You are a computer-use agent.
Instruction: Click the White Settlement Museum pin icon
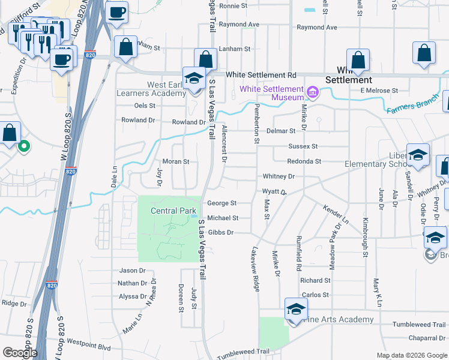(x=313, y=92)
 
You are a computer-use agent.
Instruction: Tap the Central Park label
(x=173, y=211)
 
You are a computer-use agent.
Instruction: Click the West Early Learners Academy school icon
(x=194, y=79)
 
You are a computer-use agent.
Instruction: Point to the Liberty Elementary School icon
(x=417, y=155)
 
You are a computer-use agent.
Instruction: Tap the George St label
(x=222, y=203)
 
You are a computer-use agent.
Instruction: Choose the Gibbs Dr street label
(x=220, y=232)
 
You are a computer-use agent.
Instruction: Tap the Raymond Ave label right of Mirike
(x=316, y=28)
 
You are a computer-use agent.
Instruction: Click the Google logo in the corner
(x=20, y=353)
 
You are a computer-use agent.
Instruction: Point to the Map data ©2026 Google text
(x=412, y=355)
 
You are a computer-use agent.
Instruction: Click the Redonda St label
(x=304, y=161)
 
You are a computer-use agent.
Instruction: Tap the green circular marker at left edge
(x=24, y=145)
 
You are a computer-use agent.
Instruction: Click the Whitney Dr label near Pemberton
(x=279, y=176)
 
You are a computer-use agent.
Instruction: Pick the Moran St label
(x=176, y=161)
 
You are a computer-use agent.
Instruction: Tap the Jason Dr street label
(x=133, y=271)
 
